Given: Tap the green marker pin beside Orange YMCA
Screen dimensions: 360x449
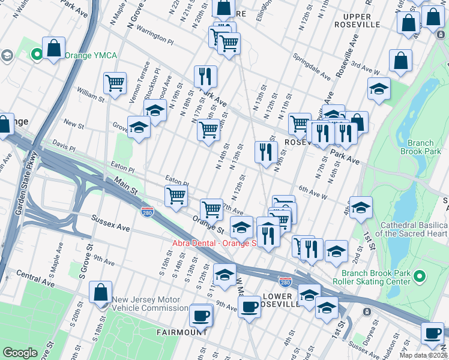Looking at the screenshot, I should tap(37, 55).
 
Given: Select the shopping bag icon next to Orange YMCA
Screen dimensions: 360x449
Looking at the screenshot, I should tap(53, 49).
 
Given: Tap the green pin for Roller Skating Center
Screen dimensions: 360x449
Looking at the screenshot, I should tap(420, 277).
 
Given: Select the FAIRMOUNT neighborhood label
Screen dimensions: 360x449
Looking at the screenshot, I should tap(182, 332).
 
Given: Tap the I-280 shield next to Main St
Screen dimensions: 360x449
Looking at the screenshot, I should tap(147, 212).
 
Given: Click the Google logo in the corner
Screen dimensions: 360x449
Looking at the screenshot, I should tap(20, 353).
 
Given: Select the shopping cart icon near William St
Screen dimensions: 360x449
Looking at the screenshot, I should tap(115, 83).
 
